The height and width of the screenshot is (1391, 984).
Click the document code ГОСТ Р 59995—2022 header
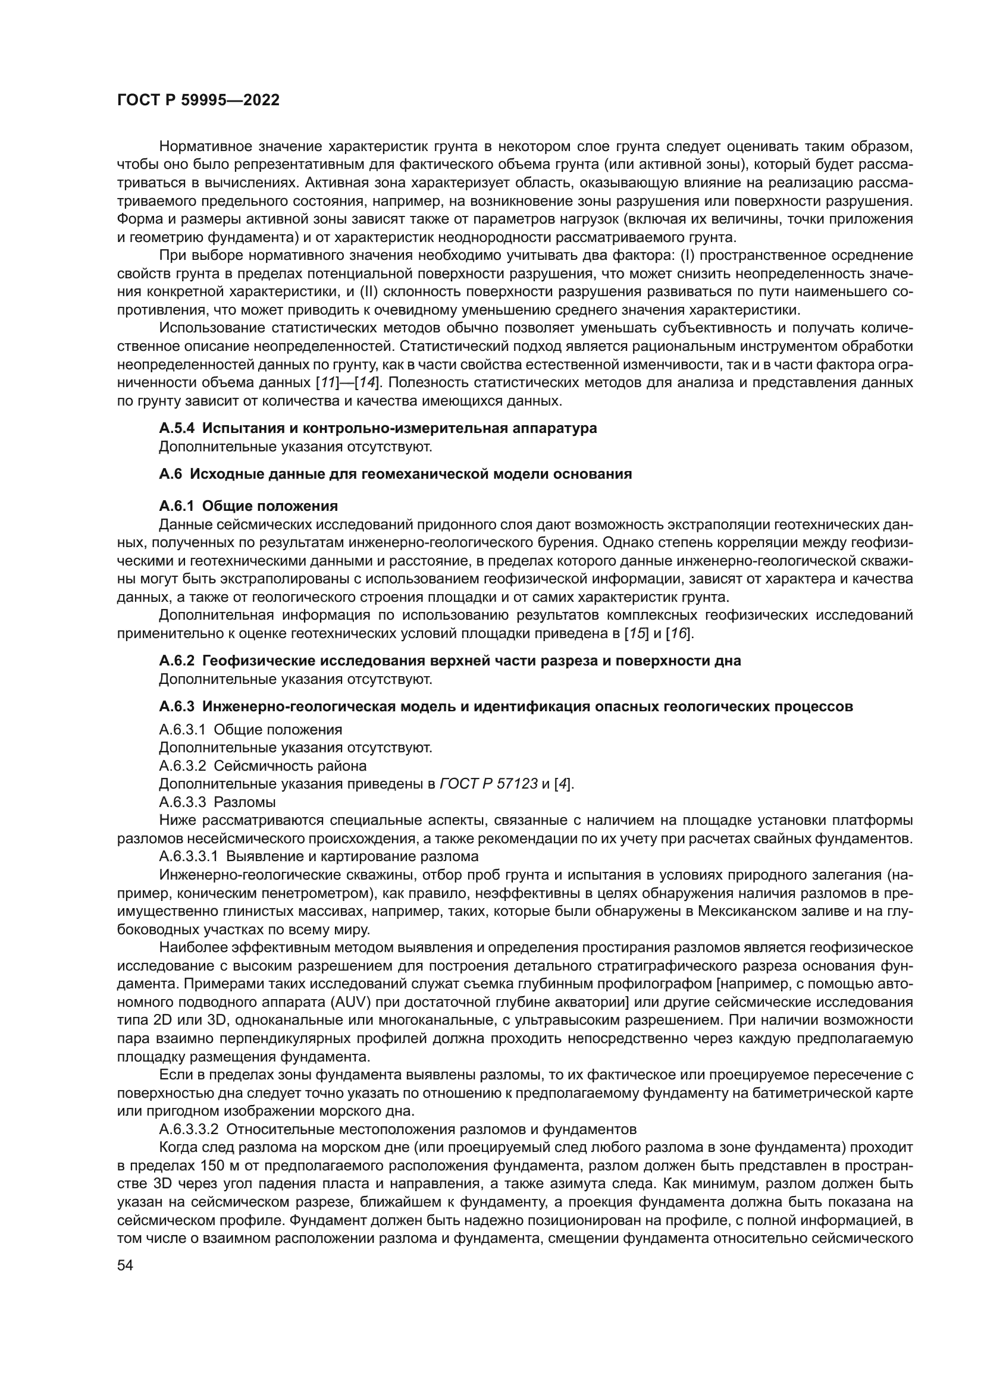pos(198,101)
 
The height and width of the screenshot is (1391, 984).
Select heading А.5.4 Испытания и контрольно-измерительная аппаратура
pos(378,428)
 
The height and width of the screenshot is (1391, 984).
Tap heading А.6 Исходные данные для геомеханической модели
pos(395,474)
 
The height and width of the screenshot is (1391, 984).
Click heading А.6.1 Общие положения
pos(249,506)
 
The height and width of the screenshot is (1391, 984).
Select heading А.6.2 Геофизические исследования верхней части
pos(450,660)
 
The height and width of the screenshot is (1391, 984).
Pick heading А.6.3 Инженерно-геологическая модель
pos(505,707)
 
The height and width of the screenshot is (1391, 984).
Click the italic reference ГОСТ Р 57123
pos(488,783)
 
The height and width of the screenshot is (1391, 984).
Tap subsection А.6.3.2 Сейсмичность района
pos(262,765)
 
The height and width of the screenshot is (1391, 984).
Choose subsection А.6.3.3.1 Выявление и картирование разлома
pos(318,856)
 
